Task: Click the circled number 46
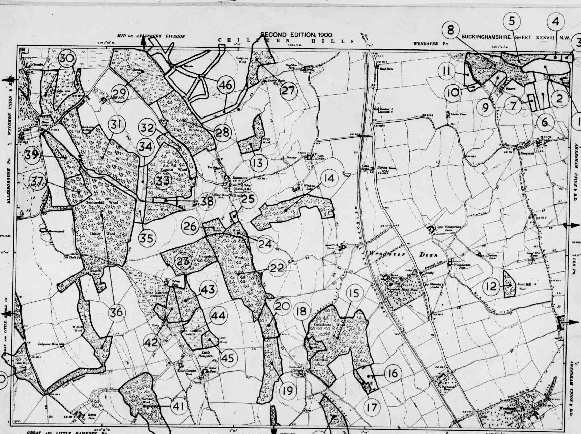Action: coord(226,85)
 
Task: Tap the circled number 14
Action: coord(329,178)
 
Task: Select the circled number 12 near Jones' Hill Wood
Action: coord(491,287)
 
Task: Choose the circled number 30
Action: coord(67,58)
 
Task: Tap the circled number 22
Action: coord(277,268)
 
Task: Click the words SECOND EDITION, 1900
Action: coord(297,35)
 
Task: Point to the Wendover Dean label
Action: coord(403,254)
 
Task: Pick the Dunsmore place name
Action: coord(240,178)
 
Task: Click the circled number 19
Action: coord(288,391)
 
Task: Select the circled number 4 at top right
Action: coord(555,22)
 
